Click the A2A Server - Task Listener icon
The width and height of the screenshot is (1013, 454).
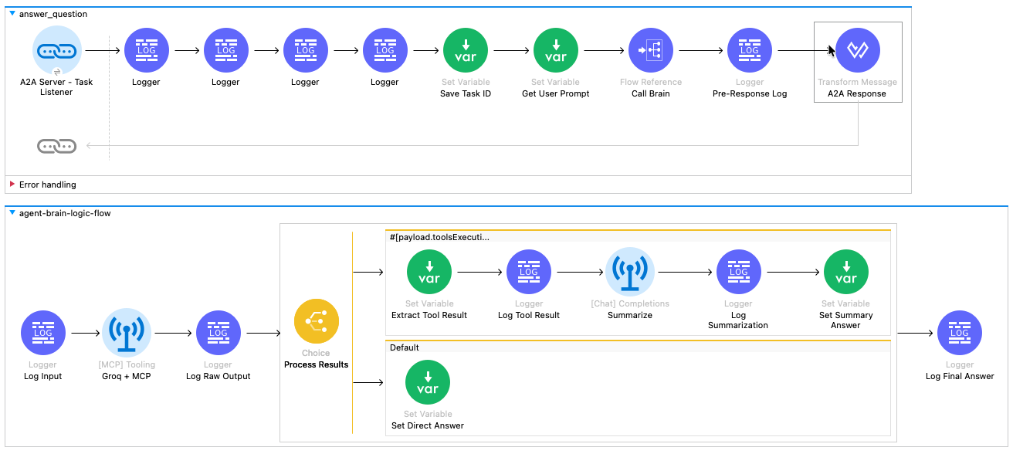(x=57, y=51)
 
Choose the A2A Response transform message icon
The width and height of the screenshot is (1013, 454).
(x=857, y=51)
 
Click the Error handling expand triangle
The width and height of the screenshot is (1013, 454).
(x=12, y=185)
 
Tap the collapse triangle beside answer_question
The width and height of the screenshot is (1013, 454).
(x=12, y=14)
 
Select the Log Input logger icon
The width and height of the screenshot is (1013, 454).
(x=43, y=334)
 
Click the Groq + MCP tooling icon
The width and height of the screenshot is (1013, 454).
(x=126, y=334)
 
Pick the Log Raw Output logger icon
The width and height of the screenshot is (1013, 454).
(x=219, y=334)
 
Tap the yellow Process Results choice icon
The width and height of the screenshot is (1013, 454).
(x=317, y=321)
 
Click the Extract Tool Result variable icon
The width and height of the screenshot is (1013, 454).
(x=429, y=273)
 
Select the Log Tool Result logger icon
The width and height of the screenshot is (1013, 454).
(x=529, y=273)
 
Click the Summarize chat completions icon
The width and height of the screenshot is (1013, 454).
(x=630, y=273)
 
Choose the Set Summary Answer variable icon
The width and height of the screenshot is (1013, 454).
(x=845, y=273)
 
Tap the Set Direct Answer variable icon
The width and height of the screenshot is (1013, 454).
(x=428, y=383)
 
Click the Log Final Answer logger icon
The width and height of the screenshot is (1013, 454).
(x=960, y=334)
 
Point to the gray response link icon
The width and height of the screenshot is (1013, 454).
(x=57, y=145)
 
